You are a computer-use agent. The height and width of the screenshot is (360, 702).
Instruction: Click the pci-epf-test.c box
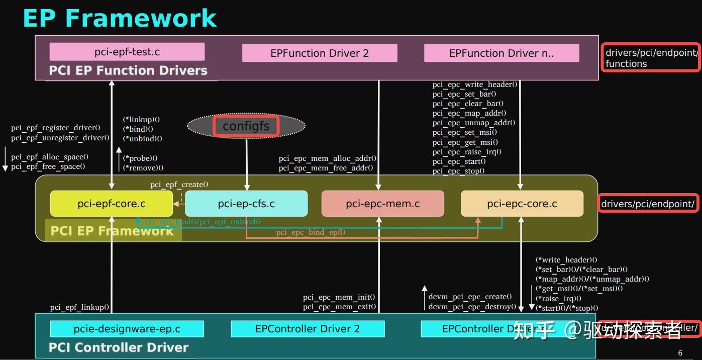127,52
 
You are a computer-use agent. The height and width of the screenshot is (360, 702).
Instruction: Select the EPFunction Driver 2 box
320,53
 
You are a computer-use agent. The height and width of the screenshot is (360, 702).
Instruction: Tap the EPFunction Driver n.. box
502,53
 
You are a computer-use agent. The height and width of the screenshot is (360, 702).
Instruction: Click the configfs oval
246,126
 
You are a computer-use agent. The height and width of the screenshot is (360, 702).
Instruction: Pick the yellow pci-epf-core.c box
112,204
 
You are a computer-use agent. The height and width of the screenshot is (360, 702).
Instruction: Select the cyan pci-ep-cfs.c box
246,204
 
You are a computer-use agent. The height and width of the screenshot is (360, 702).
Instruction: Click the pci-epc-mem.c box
382,204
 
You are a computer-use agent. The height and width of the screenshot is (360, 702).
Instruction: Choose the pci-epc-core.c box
522,204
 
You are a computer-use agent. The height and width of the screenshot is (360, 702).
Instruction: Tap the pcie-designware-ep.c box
127,329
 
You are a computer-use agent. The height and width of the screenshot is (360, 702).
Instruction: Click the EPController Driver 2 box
308,329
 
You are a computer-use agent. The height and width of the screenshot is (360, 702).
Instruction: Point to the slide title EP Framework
120,18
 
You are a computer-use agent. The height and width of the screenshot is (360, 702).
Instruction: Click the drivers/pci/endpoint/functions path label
651,58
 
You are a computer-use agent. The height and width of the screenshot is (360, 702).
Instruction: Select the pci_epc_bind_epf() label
311,232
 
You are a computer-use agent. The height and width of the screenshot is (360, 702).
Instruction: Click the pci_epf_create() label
179,185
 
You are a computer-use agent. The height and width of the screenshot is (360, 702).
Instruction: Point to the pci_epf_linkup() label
79,307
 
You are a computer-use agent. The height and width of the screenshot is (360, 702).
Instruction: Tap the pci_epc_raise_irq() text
467,152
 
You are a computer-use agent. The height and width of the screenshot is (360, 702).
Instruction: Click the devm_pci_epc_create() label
470,297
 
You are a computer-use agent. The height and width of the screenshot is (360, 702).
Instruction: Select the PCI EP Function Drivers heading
128,70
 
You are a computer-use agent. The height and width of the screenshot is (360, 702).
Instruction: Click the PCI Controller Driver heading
119,347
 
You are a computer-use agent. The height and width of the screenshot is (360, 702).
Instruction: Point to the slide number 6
680,353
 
